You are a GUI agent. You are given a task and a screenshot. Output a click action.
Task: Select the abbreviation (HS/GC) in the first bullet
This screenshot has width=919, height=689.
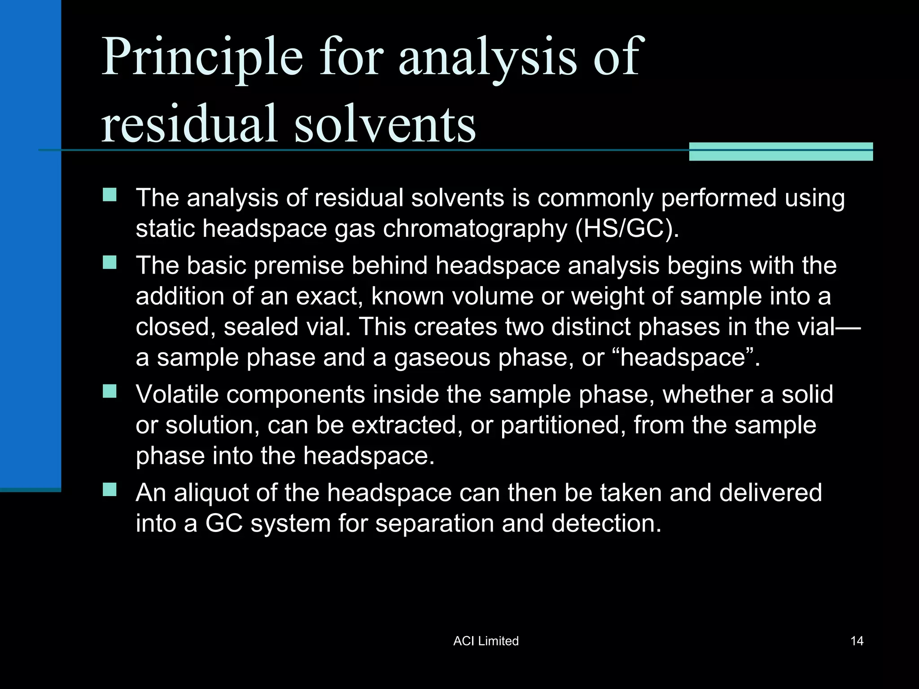pos(627,228)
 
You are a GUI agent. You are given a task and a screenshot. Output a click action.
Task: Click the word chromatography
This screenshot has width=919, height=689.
pos(475,229)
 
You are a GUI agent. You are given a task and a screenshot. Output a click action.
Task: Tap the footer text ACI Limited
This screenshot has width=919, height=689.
pos(486,641)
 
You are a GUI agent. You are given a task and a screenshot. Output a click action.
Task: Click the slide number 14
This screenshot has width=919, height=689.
pos(857,641)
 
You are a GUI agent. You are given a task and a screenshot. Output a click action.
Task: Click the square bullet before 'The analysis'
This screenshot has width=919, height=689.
pos(109,195)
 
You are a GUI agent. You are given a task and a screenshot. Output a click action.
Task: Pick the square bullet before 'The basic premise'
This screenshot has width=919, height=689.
pos(109,262)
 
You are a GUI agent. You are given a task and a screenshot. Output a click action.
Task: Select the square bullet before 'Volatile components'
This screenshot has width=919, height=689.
pos(109,391)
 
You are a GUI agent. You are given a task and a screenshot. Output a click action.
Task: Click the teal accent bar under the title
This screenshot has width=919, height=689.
pos(781,152)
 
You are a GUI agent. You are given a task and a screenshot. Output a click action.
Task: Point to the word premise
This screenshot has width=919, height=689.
pos(299,266)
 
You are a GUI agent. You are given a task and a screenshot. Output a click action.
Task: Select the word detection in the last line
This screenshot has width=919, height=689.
pos(606,523)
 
